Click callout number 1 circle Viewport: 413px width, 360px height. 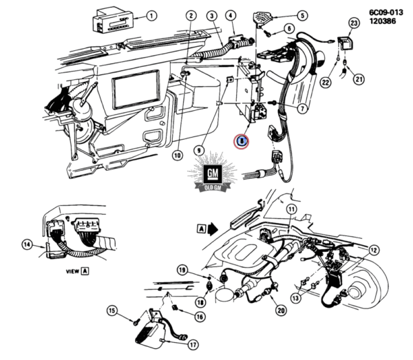[x=151, y=14]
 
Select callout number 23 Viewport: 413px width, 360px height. [x=354, y=23]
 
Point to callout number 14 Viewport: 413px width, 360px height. [x=27, y=244]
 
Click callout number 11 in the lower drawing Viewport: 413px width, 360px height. [x=291, y=209]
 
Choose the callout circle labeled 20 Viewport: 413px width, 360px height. [x=281, y=310]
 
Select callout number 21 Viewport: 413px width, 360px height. [x=358, y=79]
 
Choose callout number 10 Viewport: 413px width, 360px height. [x=177, y=156]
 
